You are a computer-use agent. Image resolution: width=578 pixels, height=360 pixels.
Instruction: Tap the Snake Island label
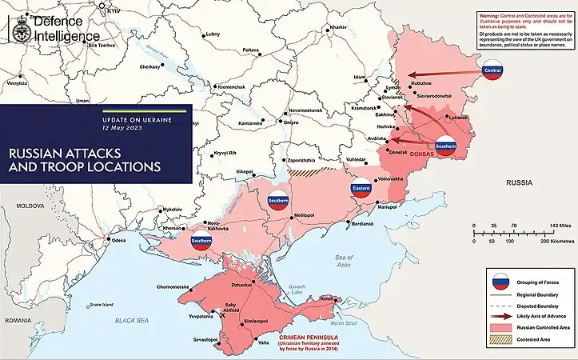point(102,304)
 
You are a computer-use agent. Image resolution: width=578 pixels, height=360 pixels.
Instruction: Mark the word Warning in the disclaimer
point(490,15)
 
